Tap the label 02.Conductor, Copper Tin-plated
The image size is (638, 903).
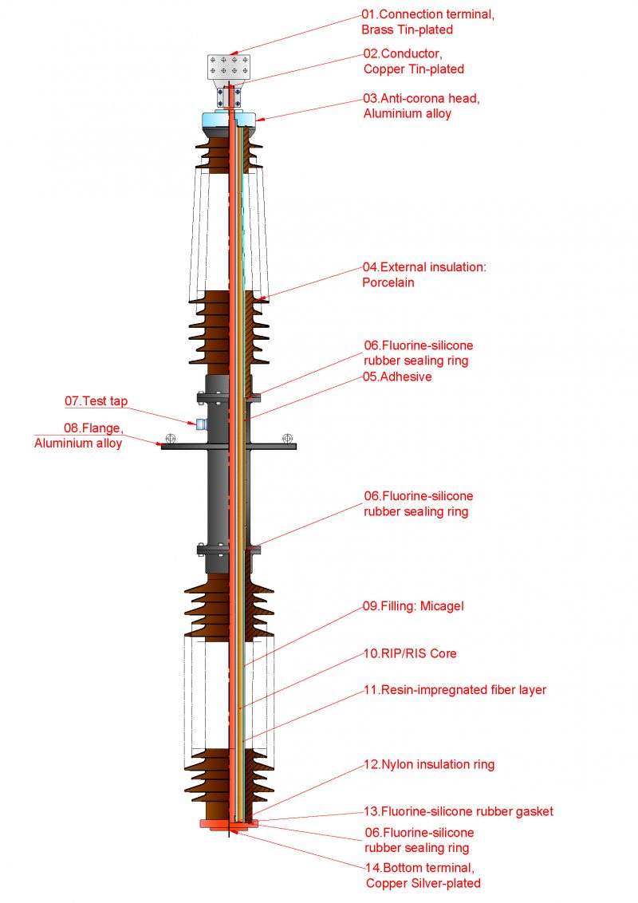414,61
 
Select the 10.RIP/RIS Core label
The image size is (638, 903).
410,653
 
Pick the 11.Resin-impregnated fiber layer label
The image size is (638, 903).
455,690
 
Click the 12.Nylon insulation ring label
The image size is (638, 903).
429,764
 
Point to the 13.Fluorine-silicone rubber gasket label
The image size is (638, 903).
458,811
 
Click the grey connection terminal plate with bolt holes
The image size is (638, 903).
229,68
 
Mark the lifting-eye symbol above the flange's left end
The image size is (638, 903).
169,438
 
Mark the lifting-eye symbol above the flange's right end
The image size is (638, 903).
288,437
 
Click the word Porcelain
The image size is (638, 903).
388,282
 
